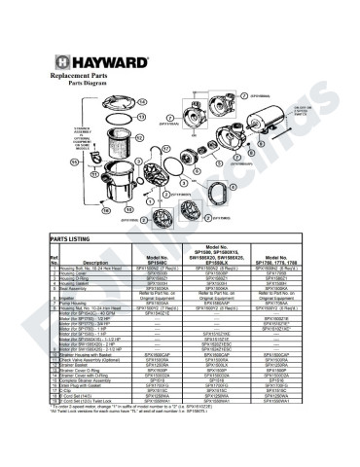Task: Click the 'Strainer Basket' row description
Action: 79,376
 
